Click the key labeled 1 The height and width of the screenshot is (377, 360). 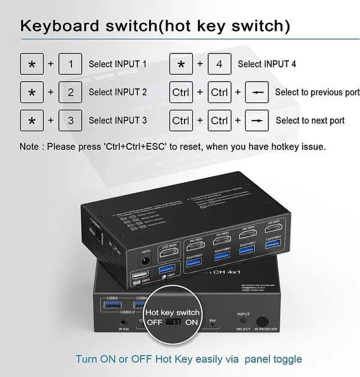tap(70, 64)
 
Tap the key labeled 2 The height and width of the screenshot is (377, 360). tap(70, 92)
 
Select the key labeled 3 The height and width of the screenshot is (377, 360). tap(70, 120)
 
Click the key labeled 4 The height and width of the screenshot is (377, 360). tap(219, 64)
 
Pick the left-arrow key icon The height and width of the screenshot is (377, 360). tap(256, 92)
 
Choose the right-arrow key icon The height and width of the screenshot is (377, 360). tap(256, 120)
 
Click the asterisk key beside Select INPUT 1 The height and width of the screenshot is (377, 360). tap(31, 64)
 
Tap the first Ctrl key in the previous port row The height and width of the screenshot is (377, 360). tap(181, 92)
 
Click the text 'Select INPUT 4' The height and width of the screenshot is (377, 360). tap(267, 64)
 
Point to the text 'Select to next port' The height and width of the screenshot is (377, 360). tap(310, 120)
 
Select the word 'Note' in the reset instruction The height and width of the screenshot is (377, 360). tap(29, 146)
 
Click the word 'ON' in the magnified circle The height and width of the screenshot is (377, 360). tap(192, 322)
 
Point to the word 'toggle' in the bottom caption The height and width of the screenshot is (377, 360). tap(285, 359)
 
